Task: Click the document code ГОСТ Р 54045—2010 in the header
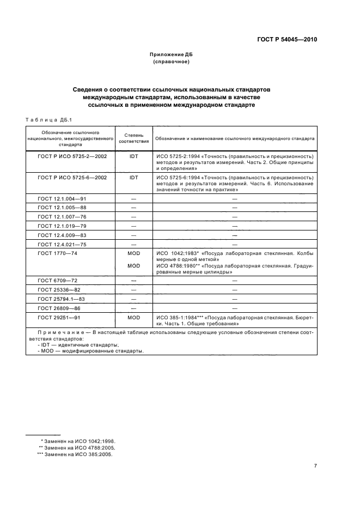287,40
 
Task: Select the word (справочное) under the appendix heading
172,62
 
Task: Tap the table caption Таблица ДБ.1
45,120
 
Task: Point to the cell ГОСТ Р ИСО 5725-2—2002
72,156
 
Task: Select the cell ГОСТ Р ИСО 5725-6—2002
72,178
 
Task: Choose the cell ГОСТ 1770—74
57,253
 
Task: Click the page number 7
315,465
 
